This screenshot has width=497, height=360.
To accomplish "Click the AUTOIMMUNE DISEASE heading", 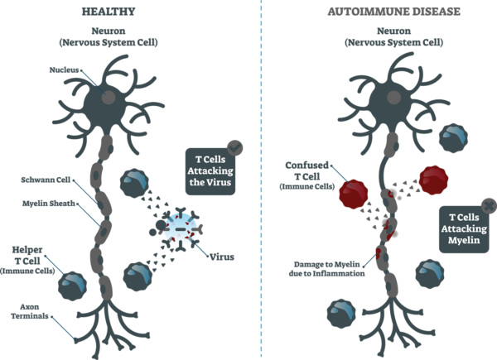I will tap(374, 12).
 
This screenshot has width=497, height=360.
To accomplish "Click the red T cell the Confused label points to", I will tap(351, 194).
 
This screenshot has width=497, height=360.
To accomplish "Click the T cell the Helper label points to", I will tap(75, 286).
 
